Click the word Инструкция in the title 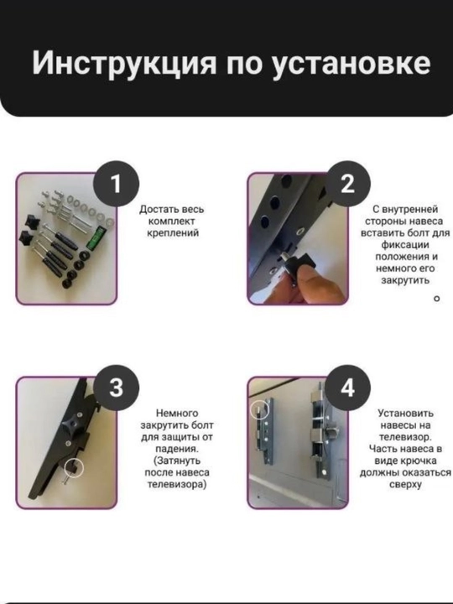point(124,63)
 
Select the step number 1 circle point(116,184)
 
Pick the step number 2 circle point(347,184)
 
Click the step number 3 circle point(116,388)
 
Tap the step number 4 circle point(347,388)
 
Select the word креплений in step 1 point(173,233)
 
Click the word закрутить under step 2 point(405,280)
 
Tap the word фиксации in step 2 point(405,245)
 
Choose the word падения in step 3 point(177,449)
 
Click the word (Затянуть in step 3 point(177,461)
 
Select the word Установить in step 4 point(405,414)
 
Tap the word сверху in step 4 point(405,485)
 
